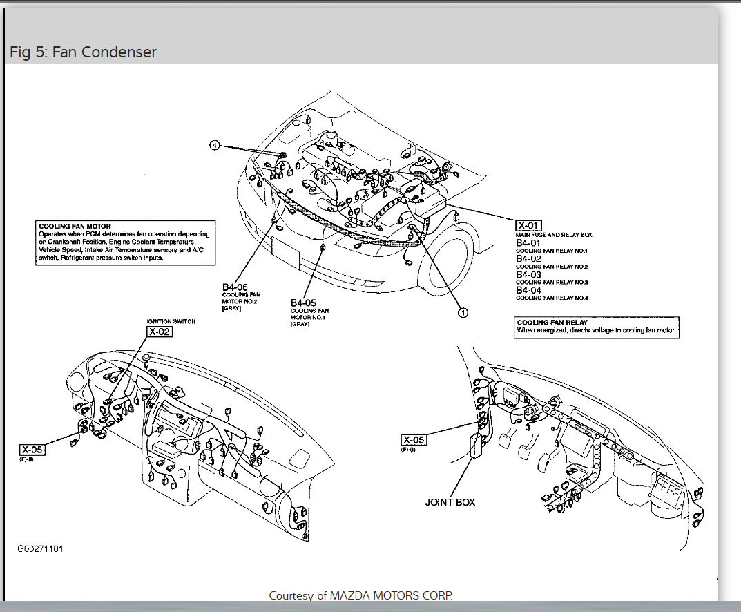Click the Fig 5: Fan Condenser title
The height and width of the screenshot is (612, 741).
tap(83, 52)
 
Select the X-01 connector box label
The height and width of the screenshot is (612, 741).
tap(529, 225)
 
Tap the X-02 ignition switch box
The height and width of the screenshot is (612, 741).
tap(159, 332)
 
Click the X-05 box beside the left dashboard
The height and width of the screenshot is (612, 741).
tap(32, 450)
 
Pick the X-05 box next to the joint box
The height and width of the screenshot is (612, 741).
tap(414, 440)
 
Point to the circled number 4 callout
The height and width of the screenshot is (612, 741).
tap(215, 146)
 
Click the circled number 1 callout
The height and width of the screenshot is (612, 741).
tap(463, 312)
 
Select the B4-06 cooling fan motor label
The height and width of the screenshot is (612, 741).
tap(235, 287)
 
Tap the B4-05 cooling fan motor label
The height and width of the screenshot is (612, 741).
tap(303, 303)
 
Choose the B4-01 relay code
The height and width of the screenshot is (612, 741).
tap(528, 243)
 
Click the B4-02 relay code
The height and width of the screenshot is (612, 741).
tap(528, 259)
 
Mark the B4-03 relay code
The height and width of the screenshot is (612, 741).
tap(528, 275)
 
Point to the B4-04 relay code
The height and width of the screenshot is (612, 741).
tap(528, 290)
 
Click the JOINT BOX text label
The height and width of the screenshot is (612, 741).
tap(450, 502)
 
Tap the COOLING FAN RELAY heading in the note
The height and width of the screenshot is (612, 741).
tap(552, 323)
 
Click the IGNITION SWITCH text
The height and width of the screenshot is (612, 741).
tap(171, 321)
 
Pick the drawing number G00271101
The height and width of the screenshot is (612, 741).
tap(41, 549)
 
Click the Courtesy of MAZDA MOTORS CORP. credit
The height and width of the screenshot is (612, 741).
tap(361, 595)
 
